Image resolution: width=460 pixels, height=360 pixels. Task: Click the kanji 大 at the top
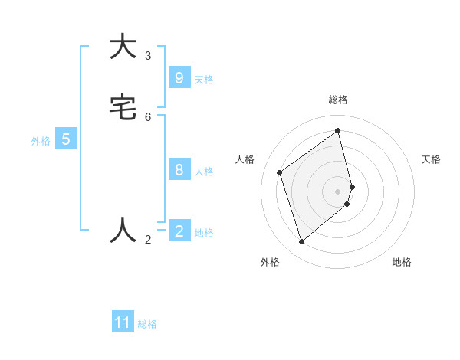(123, 47)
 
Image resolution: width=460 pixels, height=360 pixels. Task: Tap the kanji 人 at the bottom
(123, 230)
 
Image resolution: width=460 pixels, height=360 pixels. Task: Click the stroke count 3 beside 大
(148, 55)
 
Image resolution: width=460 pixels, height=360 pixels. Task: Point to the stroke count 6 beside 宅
(148, 116)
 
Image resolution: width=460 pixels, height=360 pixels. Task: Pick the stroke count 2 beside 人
(148, 240)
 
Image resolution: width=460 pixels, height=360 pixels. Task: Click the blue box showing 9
(179, 77)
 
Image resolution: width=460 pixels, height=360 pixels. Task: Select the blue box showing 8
(179, 170)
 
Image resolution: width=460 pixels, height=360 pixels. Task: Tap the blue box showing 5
(66, 139)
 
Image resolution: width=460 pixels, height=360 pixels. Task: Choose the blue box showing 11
(123, 322)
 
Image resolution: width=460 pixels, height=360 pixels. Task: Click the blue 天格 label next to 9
(204, 79)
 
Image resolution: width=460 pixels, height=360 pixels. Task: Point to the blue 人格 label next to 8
(204, 172)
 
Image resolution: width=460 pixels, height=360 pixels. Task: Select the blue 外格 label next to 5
(41, 141)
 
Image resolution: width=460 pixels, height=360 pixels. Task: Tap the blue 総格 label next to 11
(147, 324)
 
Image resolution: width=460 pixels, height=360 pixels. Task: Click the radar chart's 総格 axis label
(338, 100)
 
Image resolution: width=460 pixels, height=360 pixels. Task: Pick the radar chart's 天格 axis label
(431, 159)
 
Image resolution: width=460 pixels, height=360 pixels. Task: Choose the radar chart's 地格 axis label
(402, 262)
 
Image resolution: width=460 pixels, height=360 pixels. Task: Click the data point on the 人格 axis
(280, 173)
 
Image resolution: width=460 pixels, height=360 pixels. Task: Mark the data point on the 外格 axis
(301, 242)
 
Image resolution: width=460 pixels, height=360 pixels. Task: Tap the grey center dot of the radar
(338, 191)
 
